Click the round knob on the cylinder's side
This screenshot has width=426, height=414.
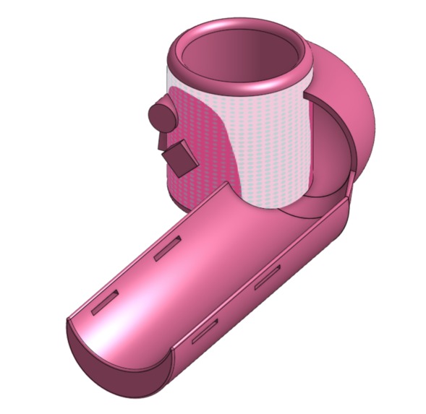point(161,116)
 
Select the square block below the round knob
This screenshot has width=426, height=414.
point(178,158)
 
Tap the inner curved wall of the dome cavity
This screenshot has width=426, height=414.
point(329,152)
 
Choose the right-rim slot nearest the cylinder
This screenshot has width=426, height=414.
point(267,277)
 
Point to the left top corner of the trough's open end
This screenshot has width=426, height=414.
point(69,319)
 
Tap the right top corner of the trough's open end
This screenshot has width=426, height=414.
point(172,355)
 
